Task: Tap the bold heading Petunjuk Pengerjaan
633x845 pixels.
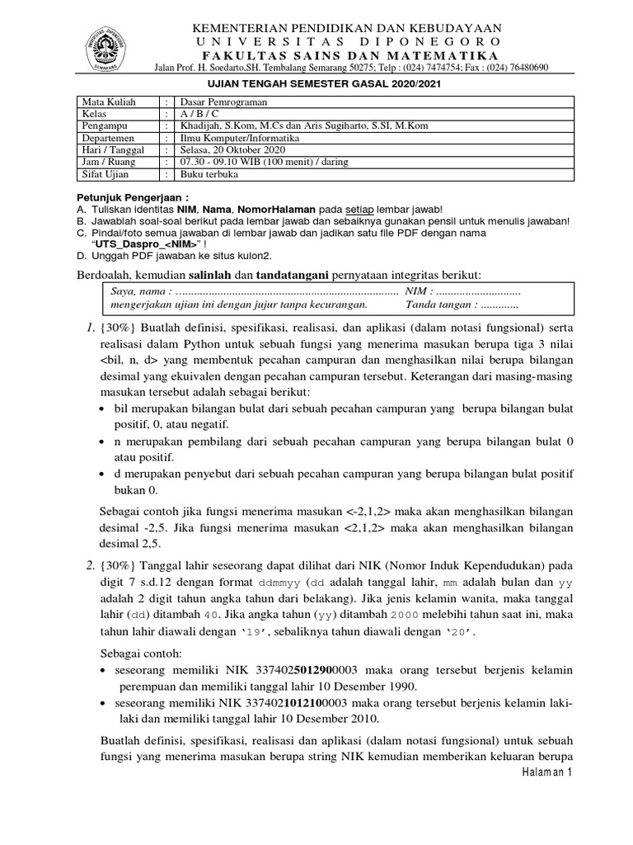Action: pyautogui.click(x=132, y=199)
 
